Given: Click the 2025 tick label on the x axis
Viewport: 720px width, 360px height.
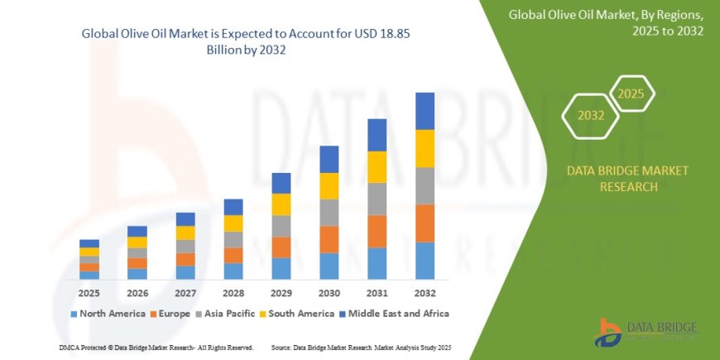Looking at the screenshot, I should tap(89, 293).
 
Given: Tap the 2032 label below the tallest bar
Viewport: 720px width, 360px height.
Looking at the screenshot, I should tap(425, 293).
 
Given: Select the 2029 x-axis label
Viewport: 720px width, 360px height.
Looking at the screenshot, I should tap(281, 293).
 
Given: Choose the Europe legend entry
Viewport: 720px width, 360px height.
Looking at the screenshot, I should tap(170, 314).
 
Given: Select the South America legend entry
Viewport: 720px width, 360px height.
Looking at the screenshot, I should tap(295, 314).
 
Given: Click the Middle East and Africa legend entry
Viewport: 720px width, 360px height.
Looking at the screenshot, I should tap(394, 314).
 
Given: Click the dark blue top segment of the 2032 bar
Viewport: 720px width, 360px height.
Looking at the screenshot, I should tap(425, 111).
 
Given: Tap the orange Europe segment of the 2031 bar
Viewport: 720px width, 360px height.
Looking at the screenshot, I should tap(377, 231).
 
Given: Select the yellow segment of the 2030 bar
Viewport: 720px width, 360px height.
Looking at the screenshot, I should tap(329, 185).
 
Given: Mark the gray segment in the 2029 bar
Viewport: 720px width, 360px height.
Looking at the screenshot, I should tap(281, 226).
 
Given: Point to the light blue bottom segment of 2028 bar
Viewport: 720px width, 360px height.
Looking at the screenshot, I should tap(233, 271).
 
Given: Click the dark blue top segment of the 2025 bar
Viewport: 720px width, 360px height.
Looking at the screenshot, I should tap(89, 243).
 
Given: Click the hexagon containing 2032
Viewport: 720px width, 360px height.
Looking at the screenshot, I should tap(591, 116).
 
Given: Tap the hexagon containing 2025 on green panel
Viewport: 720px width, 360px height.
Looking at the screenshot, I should tap(631, 94).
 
